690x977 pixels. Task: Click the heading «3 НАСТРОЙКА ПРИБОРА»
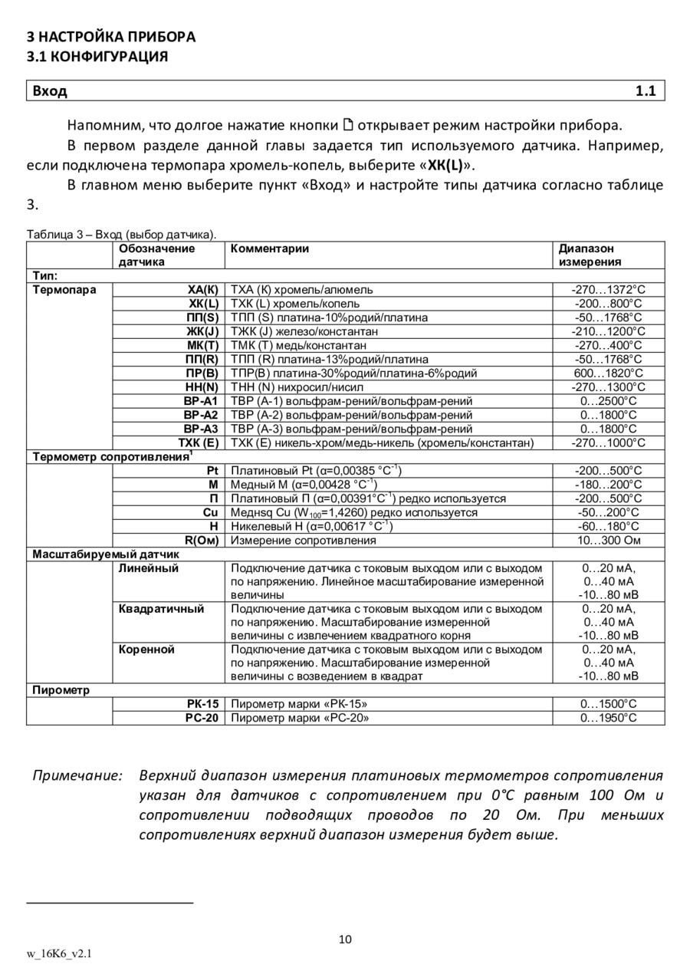[111, 37]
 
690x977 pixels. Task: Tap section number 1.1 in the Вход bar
[646, 91]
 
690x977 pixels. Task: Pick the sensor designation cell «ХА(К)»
[203, 290]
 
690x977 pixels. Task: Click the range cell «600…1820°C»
[609, 373]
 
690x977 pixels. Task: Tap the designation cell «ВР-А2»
[201, 415]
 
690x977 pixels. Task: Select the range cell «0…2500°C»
[609, 401]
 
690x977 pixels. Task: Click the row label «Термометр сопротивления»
[110, 457]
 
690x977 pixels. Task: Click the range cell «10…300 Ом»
[609, 541]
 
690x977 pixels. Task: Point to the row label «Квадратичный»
[162, 609]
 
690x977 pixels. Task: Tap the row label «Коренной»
[146, 650]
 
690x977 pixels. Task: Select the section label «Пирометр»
[61, 690]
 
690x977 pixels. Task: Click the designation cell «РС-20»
[202, 719]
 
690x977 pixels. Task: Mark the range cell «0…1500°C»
[609, 704]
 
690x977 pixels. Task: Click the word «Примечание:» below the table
[77, 775]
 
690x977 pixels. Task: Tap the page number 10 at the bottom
[345, 939]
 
